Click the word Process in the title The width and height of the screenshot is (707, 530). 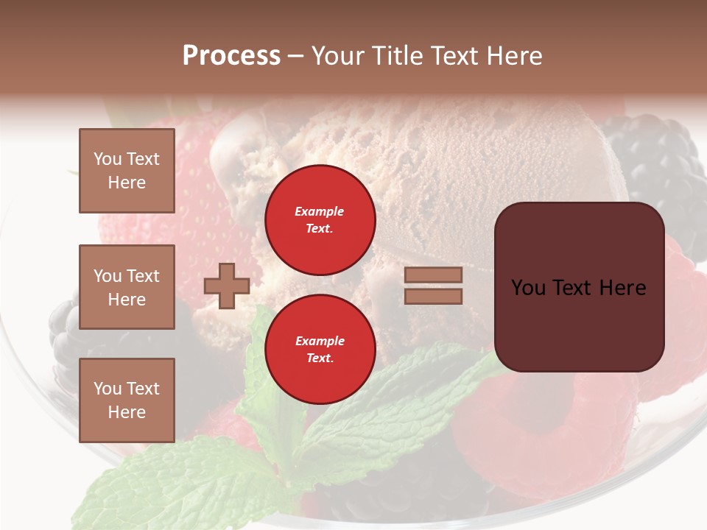tap(231, 56)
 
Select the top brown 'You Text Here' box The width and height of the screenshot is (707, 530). tap(127, 171)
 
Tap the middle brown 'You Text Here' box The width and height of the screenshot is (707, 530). tap(127, 287)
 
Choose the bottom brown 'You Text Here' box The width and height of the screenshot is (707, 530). tap(127, 400)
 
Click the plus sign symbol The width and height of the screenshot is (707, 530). tap(227, 286)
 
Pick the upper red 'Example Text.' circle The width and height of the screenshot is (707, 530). tap(320, 220)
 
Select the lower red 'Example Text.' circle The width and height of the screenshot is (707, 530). tap(320, 350)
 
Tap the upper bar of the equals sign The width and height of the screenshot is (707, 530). tap(433, 275)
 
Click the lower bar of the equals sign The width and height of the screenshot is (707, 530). tap(433, 296)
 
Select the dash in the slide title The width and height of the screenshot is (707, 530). tap(296, 56)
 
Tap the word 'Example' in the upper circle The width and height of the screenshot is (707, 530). tap(320, 211)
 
